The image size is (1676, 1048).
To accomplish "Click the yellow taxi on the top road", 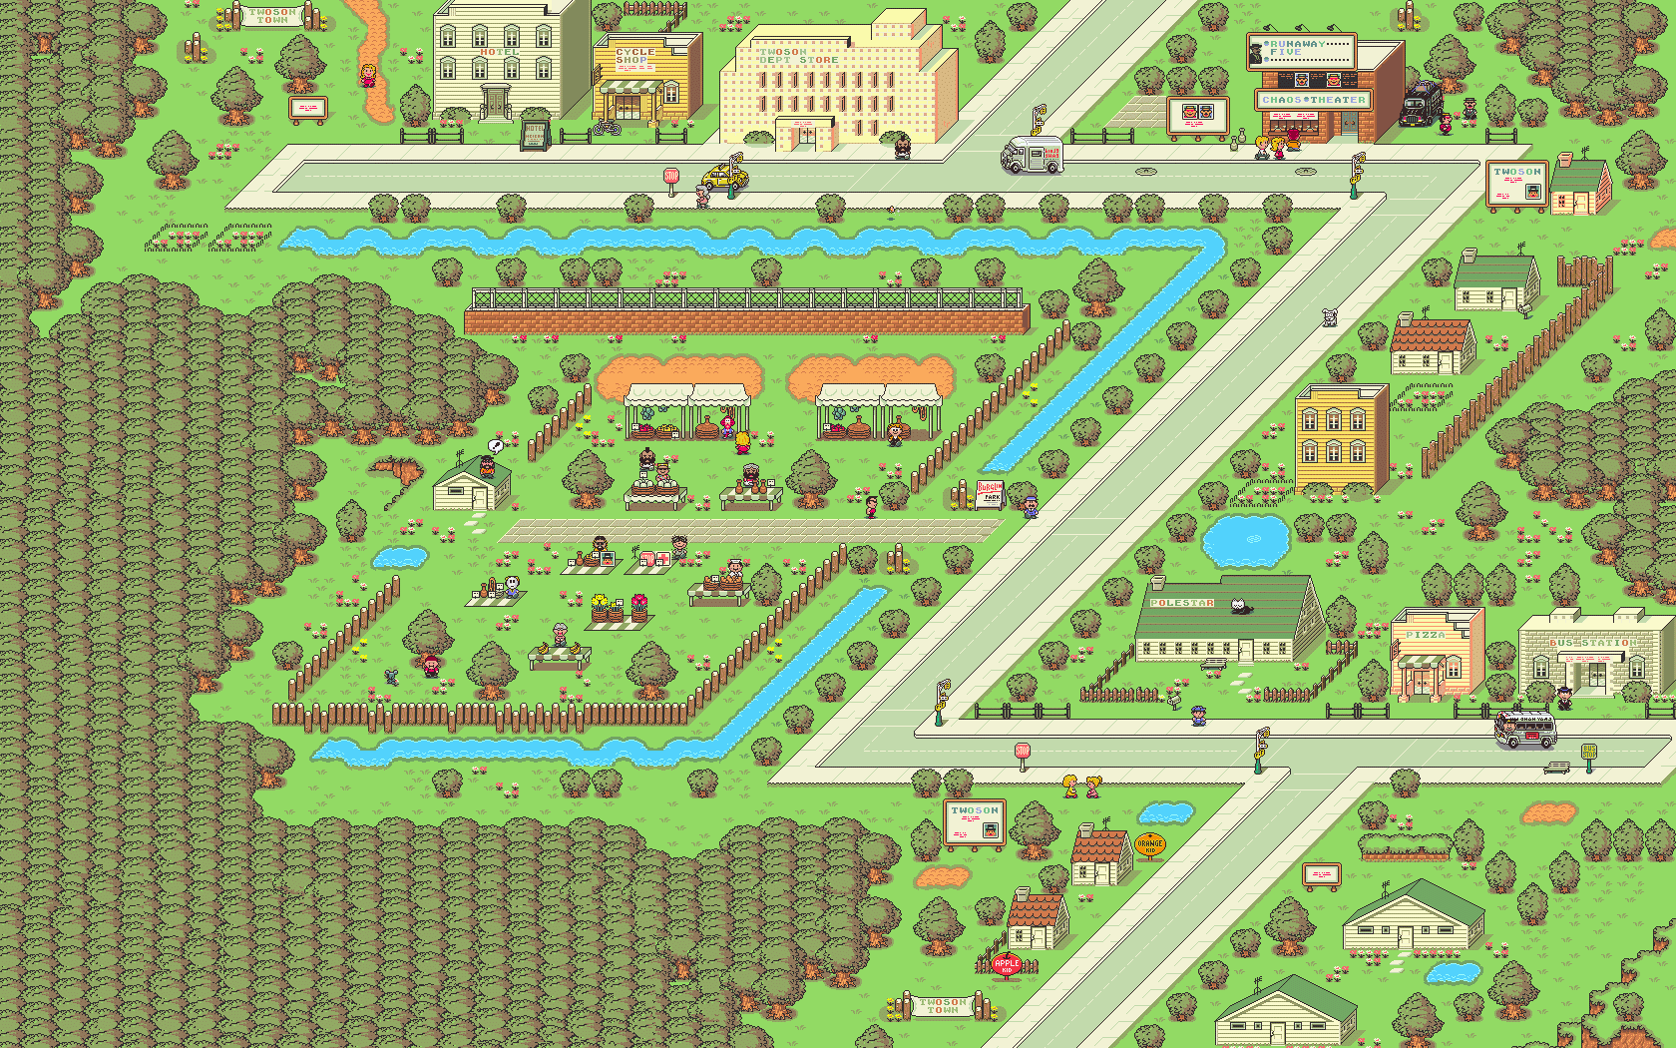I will click(723, 178).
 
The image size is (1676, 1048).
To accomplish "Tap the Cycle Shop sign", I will click(634, 56).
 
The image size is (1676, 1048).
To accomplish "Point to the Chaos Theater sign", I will click(1313, 100).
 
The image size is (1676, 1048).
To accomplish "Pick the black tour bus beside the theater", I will click(1421, 104).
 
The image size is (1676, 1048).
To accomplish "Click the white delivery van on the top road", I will click(1032, 156).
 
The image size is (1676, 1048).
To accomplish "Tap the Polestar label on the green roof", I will click(1182, 603).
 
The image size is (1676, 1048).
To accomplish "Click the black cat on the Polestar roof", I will click(1240, 605).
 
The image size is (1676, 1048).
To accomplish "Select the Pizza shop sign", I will click(1426, 635).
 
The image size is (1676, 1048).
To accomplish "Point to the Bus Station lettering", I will click(1590, 644).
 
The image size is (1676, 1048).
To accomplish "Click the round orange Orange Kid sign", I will click(1150, 845).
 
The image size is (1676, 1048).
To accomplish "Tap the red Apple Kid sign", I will click(1006, 964).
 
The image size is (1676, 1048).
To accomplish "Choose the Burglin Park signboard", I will click(990, 492).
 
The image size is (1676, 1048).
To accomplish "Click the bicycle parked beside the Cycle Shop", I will click(606, 127).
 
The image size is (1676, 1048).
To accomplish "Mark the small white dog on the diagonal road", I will click(1329, 317).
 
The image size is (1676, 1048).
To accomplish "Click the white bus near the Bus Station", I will click(1525, 730).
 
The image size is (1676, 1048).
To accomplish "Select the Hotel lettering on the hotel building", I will click(499, 52).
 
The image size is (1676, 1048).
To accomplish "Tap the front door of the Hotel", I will click(496, 102).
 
